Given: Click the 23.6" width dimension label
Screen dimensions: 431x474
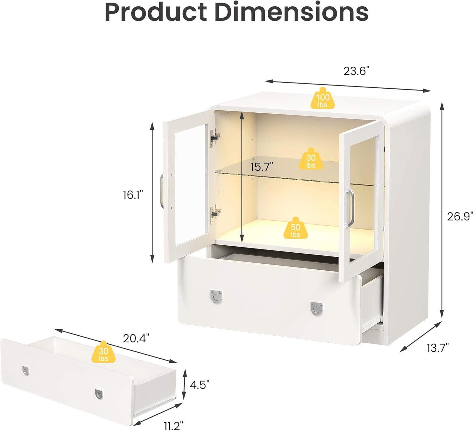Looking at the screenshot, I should click(356, 71).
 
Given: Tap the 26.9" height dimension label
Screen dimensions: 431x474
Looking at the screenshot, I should click(460, 216).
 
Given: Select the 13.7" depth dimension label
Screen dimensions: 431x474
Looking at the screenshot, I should click(438, 348).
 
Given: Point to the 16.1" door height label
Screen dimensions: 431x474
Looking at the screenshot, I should click(133, 195).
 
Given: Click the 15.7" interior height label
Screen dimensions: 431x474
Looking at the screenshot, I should click(262, 167).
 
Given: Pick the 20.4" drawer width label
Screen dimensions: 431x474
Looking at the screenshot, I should click(136, 338).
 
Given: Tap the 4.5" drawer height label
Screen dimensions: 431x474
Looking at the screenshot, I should click(200, 385).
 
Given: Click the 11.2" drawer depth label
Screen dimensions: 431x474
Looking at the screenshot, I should click(173, 426).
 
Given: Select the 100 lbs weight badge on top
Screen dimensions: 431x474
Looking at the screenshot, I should click(322, 99).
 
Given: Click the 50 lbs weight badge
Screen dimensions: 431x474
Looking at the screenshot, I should click(295, 228).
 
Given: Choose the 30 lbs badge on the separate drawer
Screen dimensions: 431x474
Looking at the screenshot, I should click(103, 352).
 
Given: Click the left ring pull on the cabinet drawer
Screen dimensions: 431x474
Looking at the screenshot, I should click(216, 296).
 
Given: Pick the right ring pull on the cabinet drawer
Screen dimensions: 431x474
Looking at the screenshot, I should click(316, 308).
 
